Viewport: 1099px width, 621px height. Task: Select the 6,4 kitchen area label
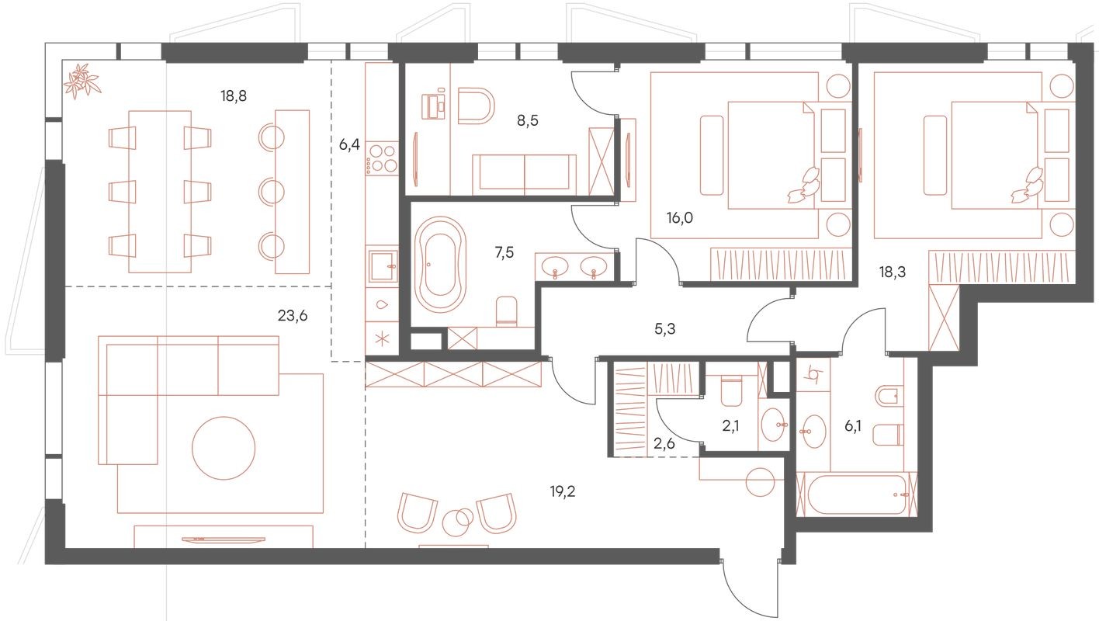[x=349, y=144]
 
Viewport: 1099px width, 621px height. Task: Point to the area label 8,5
[x=529, y=120]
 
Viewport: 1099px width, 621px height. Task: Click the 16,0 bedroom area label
[x=679, y=218]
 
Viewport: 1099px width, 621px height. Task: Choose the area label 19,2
[x=562, y=491]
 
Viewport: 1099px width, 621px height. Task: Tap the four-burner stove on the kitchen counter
[x=381, y=158]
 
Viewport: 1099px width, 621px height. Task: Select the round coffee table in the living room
[x=224, y=449]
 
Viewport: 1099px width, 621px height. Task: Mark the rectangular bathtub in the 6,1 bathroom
[x=856, y=495]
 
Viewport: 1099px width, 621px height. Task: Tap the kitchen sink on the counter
[x=382, y=265]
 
